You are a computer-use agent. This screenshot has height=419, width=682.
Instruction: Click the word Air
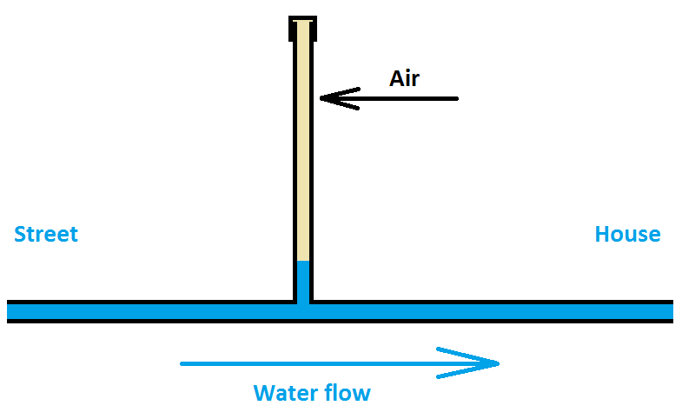404,78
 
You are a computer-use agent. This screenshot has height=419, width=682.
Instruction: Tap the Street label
46,234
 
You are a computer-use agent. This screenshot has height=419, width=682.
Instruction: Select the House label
627,234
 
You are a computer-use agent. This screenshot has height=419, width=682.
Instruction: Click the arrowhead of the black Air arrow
323,98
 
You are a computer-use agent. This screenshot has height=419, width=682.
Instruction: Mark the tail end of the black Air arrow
456,98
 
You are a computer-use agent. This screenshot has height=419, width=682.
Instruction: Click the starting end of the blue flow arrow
182,363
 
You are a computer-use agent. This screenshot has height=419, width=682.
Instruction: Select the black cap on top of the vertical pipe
302,28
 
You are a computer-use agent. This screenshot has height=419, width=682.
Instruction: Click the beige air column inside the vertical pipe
302,148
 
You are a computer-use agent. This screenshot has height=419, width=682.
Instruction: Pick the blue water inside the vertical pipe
302,280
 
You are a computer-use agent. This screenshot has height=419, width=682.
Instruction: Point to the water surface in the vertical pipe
302,261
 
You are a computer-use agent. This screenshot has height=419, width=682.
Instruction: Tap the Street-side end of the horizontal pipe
10,311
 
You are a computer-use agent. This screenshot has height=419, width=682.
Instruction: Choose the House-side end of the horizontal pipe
670,311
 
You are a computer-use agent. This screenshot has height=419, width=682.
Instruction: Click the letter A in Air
395,78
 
